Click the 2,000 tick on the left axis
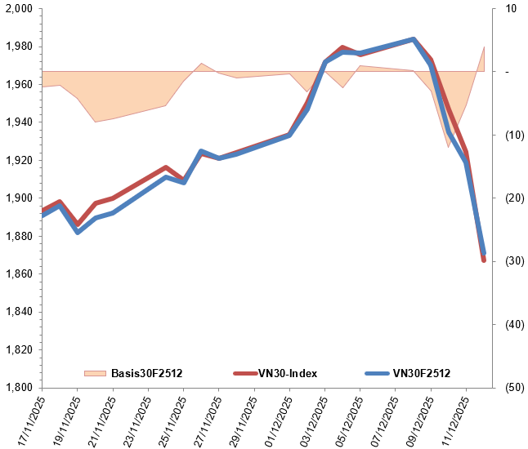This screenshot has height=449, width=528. coord(19,9)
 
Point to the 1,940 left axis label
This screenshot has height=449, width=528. coord(19,122)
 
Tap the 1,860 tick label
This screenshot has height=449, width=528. coord(19,273)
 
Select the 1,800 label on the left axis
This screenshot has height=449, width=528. coord(19,387)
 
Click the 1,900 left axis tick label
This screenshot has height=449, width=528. coord(19,198)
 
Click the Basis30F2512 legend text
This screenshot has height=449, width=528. coord(146,373)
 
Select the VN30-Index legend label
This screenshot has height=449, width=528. coord(288,373)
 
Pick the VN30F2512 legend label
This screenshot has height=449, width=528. coord(422,373)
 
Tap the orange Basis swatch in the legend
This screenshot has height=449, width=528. coord(96,373)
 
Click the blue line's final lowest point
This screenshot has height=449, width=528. coord(484,254)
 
